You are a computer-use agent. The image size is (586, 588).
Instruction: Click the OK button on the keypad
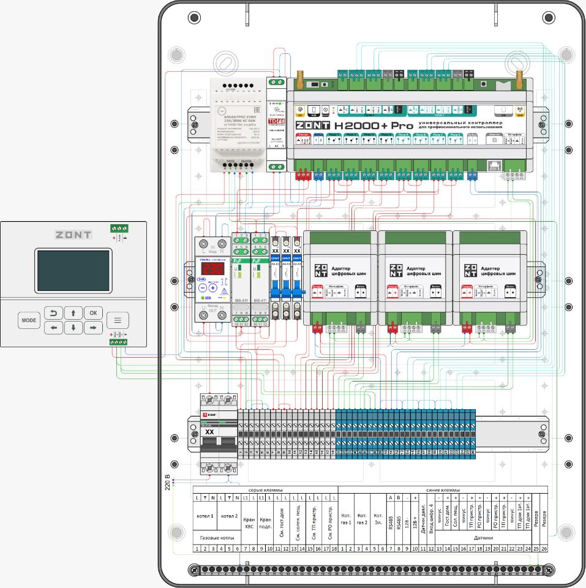(x=93, y=313)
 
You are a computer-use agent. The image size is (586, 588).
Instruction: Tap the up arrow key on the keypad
(x=73, y=313)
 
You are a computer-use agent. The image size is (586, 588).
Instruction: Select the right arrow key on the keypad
(x=93, y=328)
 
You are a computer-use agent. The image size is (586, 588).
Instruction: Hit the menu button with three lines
(x=118, y=320)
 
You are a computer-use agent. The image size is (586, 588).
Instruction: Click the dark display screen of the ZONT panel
(x=73, y=270)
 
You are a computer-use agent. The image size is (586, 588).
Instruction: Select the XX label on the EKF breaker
(x=209, y=432)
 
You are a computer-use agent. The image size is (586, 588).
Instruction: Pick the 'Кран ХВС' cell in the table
(x=249, y=522)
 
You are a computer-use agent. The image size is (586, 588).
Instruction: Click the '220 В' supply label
(x=167, y=483)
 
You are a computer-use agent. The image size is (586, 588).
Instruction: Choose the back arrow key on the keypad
(x=53, y=313)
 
